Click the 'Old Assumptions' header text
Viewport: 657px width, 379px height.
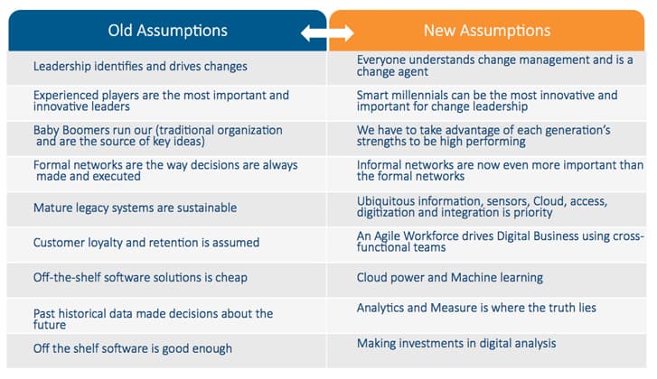coord(167,31)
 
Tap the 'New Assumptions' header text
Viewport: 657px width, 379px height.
coord(487,31)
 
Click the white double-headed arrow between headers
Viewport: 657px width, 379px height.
coord(327,33)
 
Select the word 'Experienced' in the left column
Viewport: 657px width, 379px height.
coord(66,96)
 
